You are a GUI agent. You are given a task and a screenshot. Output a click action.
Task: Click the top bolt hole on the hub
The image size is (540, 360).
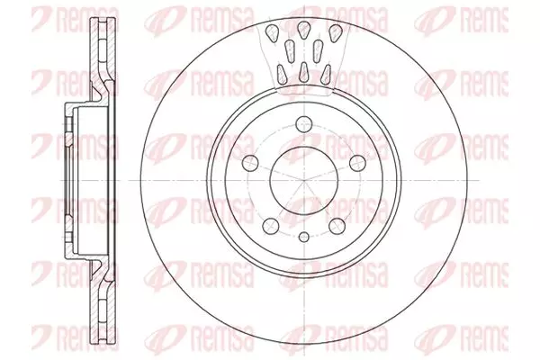(x=304, y=124)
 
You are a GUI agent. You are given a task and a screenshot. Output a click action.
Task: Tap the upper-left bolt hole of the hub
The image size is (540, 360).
(x=250, y=163)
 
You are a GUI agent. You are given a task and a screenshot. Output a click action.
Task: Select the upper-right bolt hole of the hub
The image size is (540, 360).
(x=357, y=163)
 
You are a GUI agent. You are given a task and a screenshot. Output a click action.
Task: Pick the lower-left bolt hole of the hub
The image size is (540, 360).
(x=271, y=226)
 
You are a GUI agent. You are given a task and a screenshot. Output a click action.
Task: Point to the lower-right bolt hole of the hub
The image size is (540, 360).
(x=337, y=226)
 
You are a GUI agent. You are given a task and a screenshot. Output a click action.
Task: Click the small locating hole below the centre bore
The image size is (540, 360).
(x=304, y=237)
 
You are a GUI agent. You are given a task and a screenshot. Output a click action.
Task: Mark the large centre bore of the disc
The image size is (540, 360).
(x=304, y=180)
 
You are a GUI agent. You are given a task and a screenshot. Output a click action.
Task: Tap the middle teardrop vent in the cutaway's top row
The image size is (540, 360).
(x=304, y=29)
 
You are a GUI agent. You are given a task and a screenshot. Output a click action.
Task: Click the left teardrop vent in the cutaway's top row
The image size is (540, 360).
(x=274, y=33)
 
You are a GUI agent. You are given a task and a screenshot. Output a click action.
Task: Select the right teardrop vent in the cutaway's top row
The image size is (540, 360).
(x=334, y=33)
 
